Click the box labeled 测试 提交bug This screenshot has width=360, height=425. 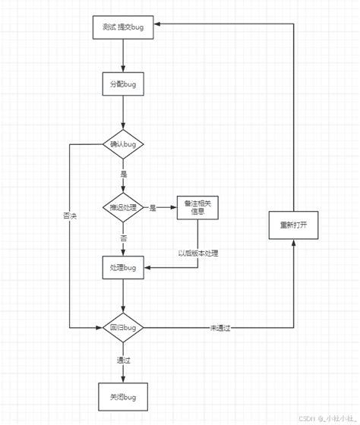click(122, 27)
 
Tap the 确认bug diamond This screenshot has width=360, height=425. click(122, 143)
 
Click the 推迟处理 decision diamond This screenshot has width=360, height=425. click(122, 207)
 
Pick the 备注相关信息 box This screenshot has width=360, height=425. click(197, 207)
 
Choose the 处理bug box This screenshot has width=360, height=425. click(122, 268)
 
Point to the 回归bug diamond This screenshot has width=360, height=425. click(122, 328)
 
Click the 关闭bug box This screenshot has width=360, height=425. click(122, 397)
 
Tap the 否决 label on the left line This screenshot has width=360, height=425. click(69, 216)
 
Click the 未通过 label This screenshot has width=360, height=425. click(219, 328)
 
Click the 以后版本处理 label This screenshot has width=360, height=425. click(198, 253)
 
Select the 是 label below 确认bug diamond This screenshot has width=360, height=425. click(123, 174)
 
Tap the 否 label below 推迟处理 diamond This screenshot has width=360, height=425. click(123, 238)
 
